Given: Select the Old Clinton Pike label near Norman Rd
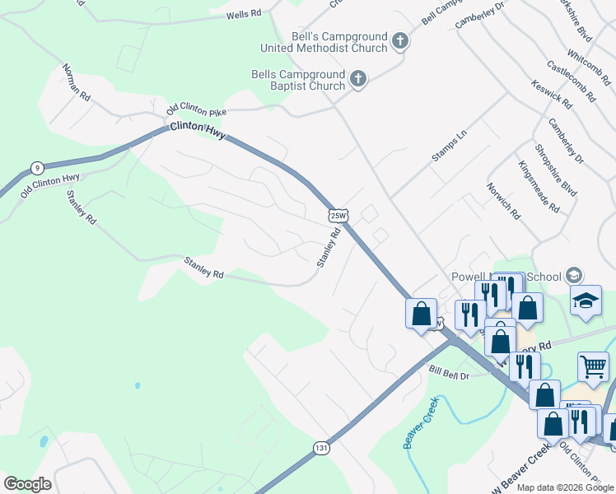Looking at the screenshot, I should click(x=196, y=110).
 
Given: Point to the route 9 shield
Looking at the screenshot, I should click(x=36, y=168).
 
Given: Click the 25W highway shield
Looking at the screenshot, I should click(x=338, y=215).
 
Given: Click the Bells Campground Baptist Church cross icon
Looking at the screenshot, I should click(x=357, y=79).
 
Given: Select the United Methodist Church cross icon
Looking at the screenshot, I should click(x=399, y=41).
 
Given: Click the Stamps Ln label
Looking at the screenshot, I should click(x=450, y=146).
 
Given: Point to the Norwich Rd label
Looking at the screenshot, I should click(x=503, y=201).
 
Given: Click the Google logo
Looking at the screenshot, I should click(x=27, y=484).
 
